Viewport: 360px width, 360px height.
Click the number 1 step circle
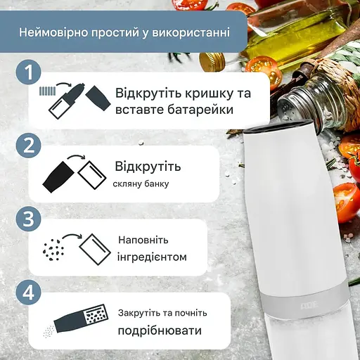tap(28, 72)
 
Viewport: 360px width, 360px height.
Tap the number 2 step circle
tap(28, 146)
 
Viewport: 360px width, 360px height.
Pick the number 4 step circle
tap(28, 290)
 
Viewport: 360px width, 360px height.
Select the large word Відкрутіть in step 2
tap(148, 167)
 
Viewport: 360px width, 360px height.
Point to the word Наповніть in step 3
tap(143, 240)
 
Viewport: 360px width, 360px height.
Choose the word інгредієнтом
tap(153, 257)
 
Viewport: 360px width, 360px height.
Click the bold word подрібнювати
tap(159, 330)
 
